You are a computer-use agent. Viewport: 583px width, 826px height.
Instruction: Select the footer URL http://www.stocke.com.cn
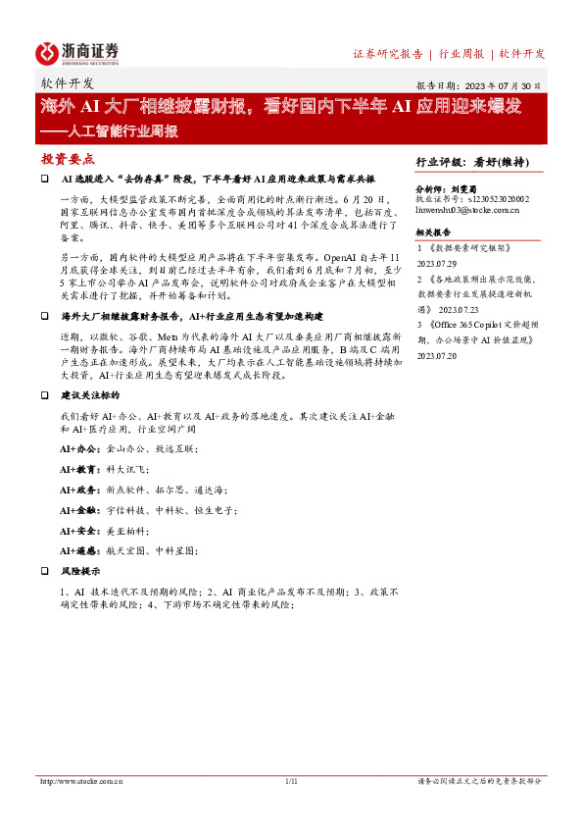(81, 781)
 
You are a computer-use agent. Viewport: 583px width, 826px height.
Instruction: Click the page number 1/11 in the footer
(291, 781)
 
